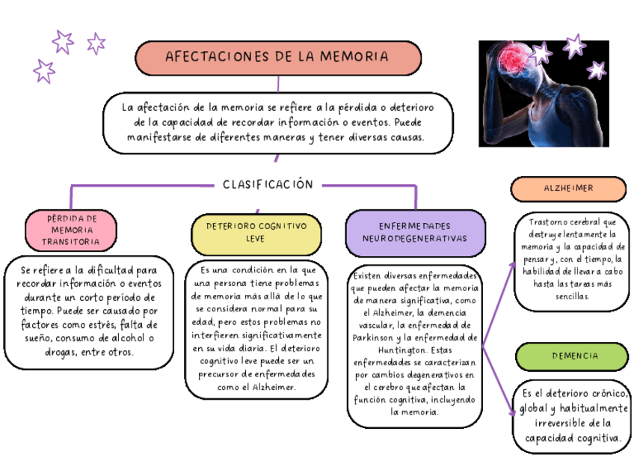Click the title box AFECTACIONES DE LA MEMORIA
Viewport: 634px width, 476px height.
click(277, 57)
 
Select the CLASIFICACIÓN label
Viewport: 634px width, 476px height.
click(268, 184)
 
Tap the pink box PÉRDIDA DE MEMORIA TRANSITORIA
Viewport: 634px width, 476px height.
click(72, 230)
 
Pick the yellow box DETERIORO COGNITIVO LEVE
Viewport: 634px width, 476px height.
click(256, 232)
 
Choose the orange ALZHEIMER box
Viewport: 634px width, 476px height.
click(568, 189)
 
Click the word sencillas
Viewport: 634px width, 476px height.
click(571, 296)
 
